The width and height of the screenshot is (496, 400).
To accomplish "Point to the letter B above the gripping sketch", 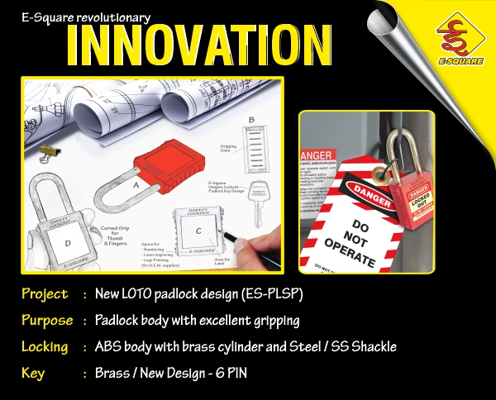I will click(251, 120).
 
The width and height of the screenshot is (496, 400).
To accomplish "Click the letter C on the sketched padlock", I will click(198, 229).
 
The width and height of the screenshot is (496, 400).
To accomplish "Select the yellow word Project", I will click(45, 294).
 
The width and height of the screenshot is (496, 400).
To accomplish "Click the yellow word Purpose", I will click(47, 320).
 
